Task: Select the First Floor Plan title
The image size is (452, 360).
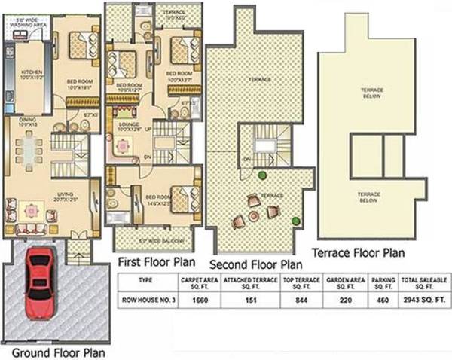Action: point(157,261)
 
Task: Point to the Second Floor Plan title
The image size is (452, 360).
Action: point(255,264)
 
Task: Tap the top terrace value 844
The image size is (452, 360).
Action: point(301,299)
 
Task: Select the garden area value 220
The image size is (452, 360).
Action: point(346,299)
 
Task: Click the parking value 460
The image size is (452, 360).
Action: point(384,299)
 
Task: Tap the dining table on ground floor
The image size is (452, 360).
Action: point(29,148)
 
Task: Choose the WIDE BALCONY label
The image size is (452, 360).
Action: point(156,240)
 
